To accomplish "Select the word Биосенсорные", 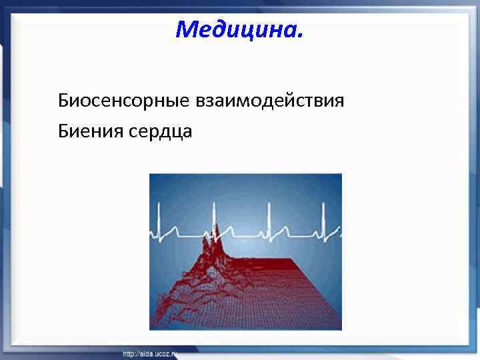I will (123, 101).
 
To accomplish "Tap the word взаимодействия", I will (269, 101).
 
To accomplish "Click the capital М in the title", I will (187, 29).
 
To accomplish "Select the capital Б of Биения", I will (64, 131).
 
